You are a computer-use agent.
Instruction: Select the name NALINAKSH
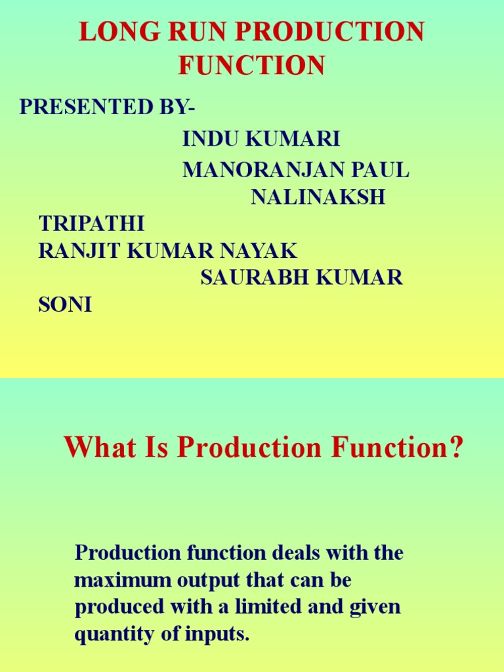pyautogui.click(x=318, y=197)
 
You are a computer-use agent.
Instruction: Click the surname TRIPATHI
pyautogui.click(x=92, y=224)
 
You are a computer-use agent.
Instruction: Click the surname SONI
pyautogui.click(x=66, y=304)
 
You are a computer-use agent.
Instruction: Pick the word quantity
pyautogui.click(x=110, y=635)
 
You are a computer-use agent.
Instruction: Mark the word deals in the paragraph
pyautogui.click(x=292, y=553)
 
